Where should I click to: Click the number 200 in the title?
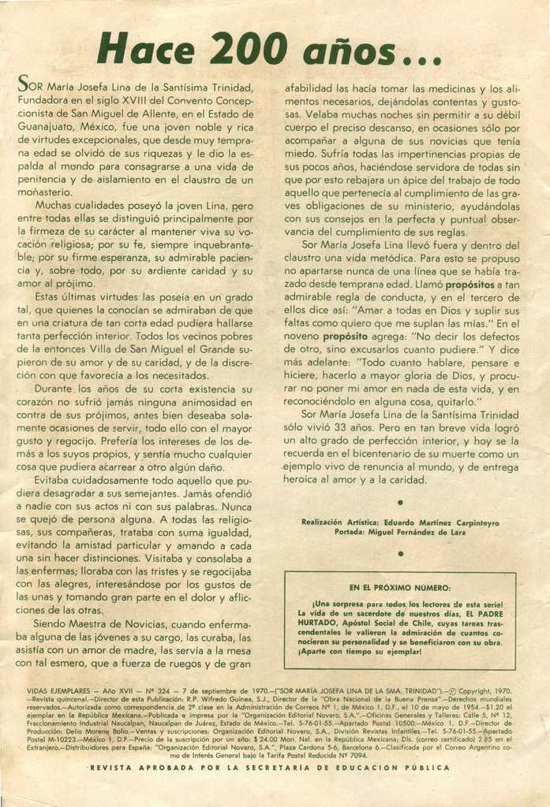242,50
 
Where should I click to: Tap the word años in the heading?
359,51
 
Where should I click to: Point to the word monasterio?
45,193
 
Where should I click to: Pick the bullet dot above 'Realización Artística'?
400,501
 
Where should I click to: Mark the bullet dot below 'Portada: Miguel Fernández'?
400,554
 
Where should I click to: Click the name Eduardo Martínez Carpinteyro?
449,522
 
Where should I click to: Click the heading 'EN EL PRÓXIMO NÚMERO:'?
400,588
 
